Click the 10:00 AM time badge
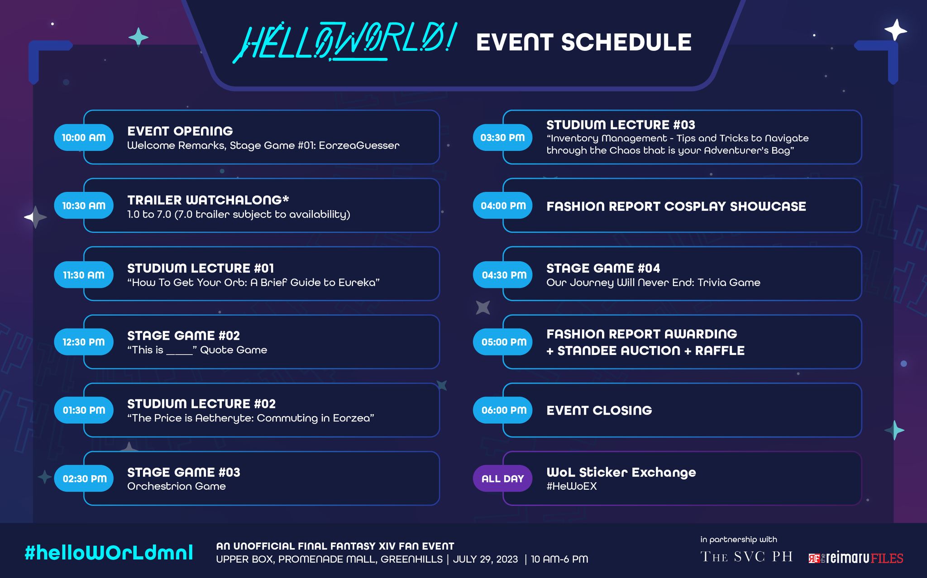click(84, 138)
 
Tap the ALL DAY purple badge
click(503, 478)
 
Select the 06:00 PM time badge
click(503, 410)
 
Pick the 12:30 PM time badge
click(84, 342)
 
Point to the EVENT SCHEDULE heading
click(584, 43)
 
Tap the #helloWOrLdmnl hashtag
click(109, 553)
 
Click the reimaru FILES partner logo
click(855, 558)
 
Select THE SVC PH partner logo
click(746, 557)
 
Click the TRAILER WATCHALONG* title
click(208, 200)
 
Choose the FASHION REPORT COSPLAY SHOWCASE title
click(676, 206)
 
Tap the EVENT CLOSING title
click(599, 411)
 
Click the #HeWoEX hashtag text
click(572, 487)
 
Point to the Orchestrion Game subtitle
click(177, 487)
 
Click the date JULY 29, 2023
click(485, 559)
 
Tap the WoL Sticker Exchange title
click(621, 473)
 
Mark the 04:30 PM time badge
click(503, 275)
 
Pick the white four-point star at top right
click(896, 30)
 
